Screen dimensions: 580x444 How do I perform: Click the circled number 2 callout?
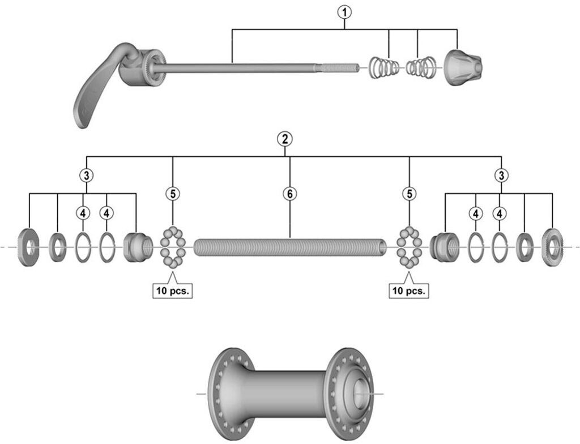point(284,138)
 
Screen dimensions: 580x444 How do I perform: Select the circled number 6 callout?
point(289,194)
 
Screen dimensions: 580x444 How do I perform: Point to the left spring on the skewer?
point(384,67)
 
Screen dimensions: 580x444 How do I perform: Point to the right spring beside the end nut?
point(420,67)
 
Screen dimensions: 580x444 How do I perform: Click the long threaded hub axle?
point(290,247)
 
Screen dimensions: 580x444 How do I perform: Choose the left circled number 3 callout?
point(86,175)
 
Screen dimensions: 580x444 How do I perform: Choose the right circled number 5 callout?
point(408,194)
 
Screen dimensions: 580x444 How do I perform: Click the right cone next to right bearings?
point(443,245)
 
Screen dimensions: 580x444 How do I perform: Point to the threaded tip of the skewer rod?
point(340,67)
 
